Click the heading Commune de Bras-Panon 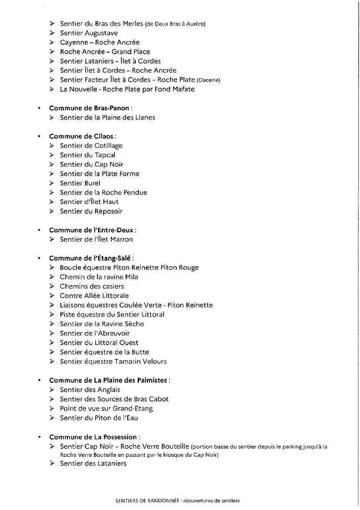click(x=89, y=108)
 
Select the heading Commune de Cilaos click(x=82, y=136)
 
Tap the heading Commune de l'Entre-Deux click(x=92, y=230)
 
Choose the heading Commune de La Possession click(x=93, y=437)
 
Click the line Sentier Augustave click(x=89, y=33)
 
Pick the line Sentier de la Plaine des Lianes click(x=107, y=117)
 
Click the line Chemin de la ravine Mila click(x=99, y=277)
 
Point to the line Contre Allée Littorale click(x=94, y=296)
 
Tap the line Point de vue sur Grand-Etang click(x=106, y=408)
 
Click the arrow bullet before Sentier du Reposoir click(x=53, y=211)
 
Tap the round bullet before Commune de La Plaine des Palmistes click(x=39, y=380)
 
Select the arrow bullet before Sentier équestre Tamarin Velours click(x=53, y=361)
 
